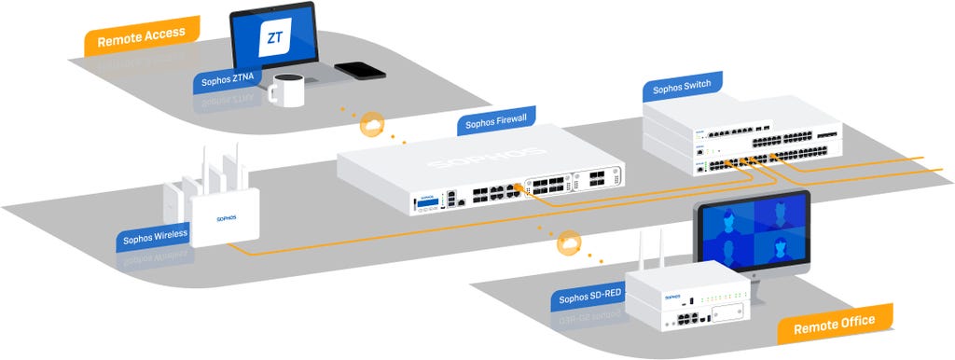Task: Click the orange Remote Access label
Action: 141,35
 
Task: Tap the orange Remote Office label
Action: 834,322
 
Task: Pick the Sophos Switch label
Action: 682,87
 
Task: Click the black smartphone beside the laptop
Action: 360,70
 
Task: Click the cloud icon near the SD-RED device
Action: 567,245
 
